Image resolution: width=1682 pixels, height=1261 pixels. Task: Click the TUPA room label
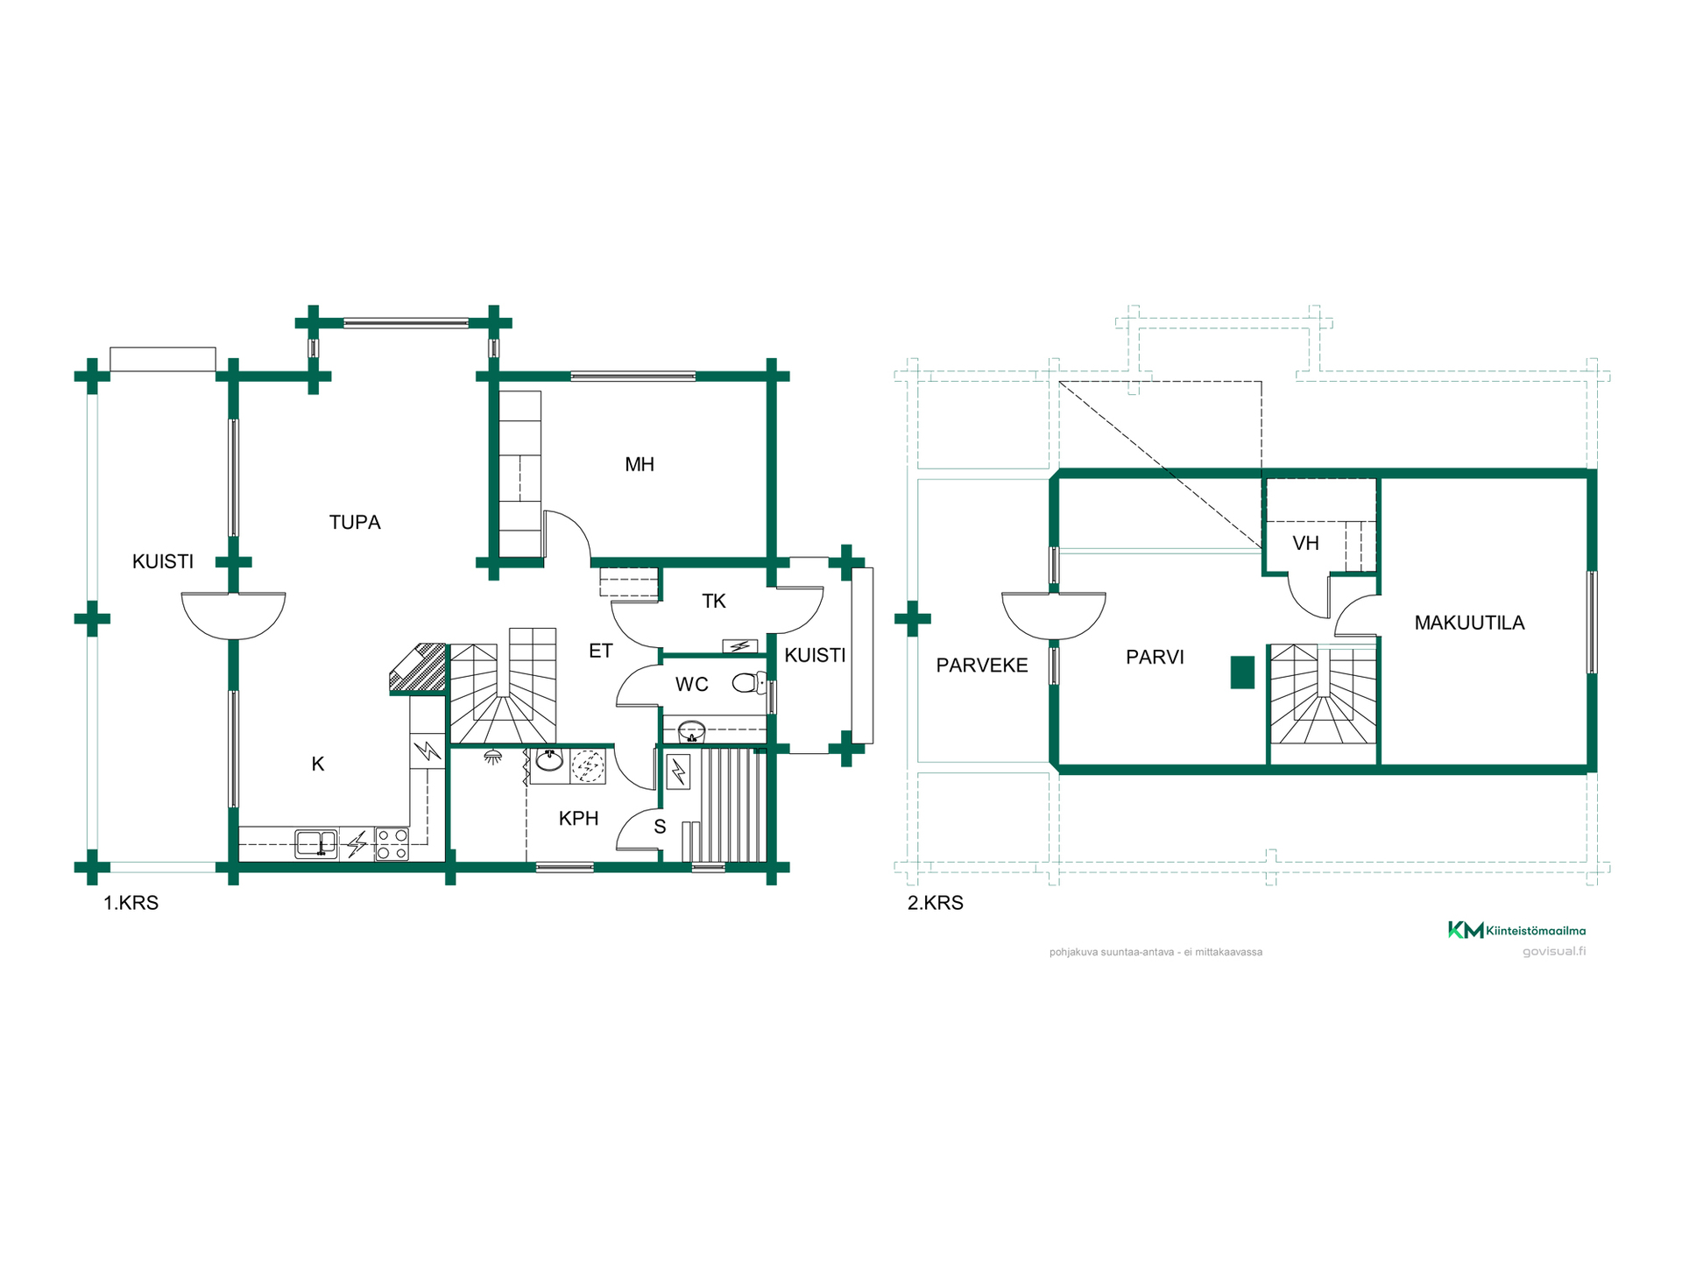click(355, 523)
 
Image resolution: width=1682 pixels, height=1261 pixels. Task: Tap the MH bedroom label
click(640, 465)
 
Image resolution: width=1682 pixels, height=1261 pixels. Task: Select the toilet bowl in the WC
click(746, 682)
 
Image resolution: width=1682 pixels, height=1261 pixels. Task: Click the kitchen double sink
click(316, 843)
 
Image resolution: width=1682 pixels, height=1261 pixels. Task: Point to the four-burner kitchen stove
click(392, 844)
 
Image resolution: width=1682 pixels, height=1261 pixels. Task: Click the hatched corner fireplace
click(420, 668)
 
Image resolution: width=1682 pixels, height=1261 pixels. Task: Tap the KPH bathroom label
click(578, 819)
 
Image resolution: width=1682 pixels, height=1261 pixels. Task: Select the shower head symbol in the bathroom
click(493, 757)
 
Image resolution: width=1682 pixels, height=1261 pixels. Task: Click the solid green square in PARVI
click(1242, 673)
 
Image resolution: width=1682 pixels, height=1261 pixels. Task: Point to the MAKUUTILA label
click(1469, 623)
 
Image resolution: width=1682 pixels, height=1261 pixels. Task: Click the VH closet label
click(1305, 544)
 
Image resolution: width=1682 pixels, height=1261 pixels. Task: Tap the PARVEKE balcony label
click(982, 666)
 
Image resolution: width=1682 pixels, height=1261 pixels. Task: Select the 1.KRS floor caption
click(131, 903)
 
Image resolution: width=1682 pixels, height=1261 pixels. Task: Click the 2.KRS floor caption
click(935, 903)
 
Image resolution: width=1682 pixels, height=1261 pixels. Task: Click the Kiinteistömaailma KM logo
click(1516, 930)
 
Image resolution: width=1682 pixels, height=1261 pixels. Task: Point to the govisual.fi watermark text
click(1554, 952)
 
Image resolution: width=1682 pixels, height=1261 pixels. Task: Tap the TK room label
click(714, 602)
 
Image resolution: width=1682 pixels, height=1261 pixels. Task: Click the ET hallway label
click(601, 652)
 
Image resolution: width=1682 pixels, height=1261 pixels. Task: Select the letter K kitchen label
click(318, 764)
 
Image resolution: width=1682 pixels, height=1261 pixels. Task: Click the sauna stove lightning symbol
click(678, 772)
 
